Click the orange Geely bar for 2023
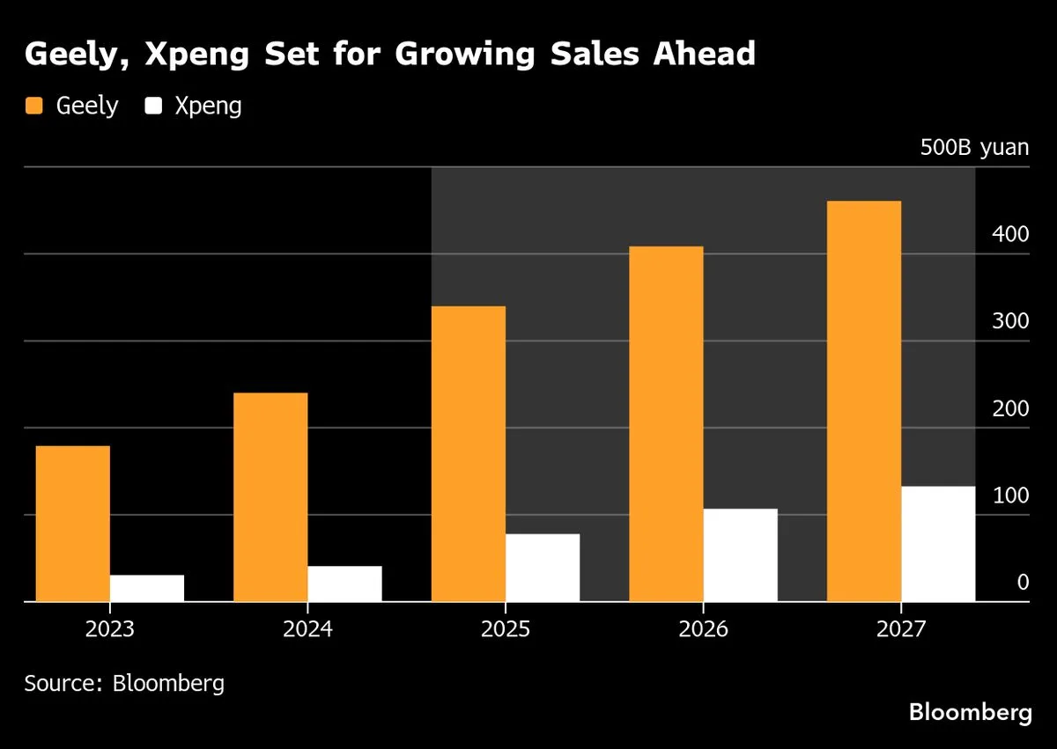coord(73,524)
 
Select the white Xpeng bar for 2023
coord(147,588)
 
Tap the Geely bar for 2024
coord(270,497)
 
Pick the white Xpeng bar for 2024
coord(344,584)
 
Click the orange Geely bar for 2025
coord(469,454)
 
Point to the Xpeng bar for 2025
coord(543,568)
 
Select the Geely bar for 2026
coord(666,424)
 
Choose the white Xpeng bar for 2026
coord(740,555)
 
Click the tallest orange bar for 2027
coord(864,401)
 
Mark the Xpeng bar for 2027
coord(938,544)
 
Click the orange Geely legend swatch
coord(34,106)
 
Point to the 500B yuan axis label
coord(974,147)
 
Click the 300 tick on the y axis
coord(1010,321)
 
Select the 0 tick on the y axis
coord(1023,582)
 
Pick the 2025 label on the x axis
coord(505,631)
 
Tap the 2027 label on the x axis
coord(900,631)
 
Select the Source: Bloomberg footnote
coord(124,683)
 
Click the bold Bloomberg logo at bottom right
coord(970,712)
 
